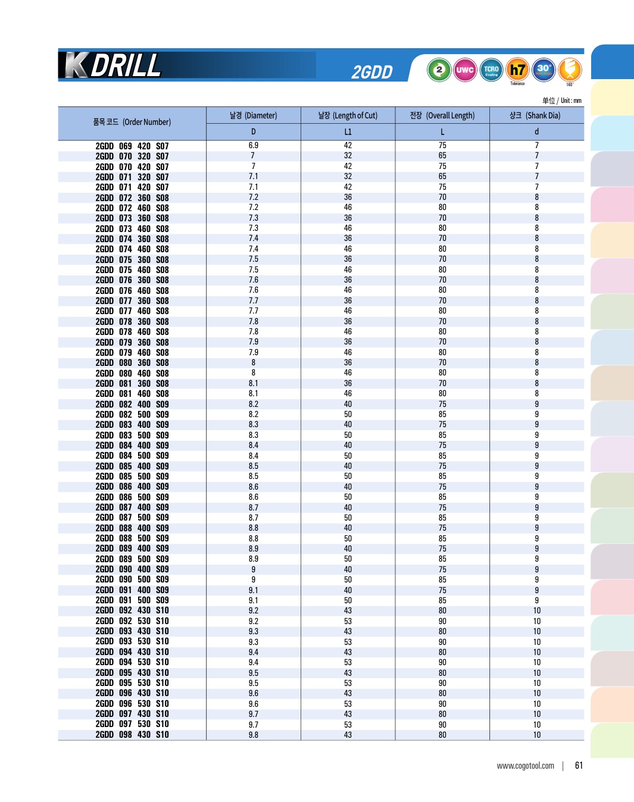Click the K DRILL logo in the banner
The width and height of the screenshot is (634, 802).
(x=113, y=65)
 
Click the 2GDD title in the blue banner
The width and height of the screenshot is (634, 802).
(x=372, y=72)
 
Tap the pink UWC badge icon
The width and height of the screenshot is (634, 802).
(x=464, y=70)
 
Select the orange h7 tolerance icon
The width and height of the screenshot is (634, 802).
(x=517, y=70)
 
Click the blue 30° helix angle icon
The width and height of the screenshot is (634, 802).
(x=544, y=69)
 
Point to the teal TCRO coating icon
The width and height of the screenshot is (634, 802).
(x=491, y=70)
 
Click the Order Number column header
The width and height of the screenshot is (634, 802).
(x=132, y=122)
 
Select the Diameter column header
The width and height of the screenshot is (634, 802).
(x=253, y=115)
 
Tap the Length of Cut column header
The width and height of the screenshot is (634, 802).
(x=348, y=115)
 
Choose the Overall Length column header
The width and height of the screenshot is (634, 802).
(x=442, y=115)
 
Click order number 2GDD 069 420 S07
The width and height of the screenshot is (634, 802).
(x=132, y=146)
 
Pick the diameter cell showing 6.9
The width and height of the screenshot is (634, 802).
(x=253, y=146)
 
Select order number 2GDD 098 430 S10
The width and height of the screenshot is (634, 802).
(x=132, y=735)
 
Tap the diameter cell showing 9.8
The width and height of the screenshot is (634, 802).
(x=253, y=735)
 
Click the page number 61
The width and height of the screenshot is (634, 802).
(x=579, y=766)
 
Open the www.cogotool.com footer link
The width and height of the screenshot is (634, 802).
(x=525, y=766)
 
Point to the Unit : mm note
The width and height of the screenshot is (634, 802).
(x=562, y=101)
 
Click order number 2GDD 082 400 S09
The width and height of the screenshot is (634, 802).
(x=132, y=405)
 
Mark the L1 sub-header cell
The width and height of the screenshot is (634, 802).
(x=348, y=131)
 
